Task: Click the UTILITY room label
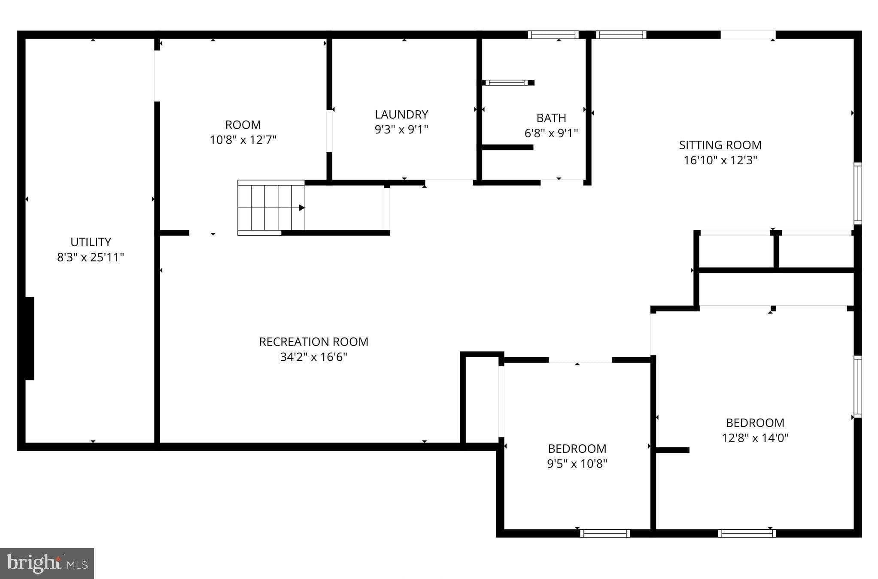pos(91,242)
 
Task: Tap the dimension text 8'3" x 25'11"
pos(91,257)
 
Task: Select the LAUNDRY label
pos(401,115)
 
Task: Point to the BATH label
pos(551,118)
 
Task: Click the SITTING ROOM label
pos(720,145)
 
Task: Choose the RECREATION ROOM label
pos(313,342)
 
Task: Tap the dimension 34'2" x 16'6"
pos(313,357)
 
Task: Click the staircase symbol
pos(271,208)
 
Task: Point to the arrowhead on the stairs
pos(302,208)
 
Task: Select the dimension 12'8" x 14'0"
pos(755,438)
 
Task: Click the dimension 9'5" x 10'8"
pos(577,464)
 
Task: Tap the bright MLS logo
pos(47,563)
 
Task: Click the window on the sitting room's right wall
pos(857,193)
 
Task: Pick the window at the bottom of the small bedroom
pos(605,533)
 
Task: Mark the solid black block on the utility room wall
pos(30,338)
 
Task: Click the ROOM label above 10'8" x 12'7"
pos(243,125)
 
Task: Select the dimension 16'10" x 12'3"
pos(720,160)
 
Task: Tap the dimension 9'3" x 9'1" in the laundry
pos(401,130)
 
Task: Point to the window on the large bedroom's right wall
pos(857,386)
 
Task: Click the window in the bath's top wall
pos(553,35)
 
